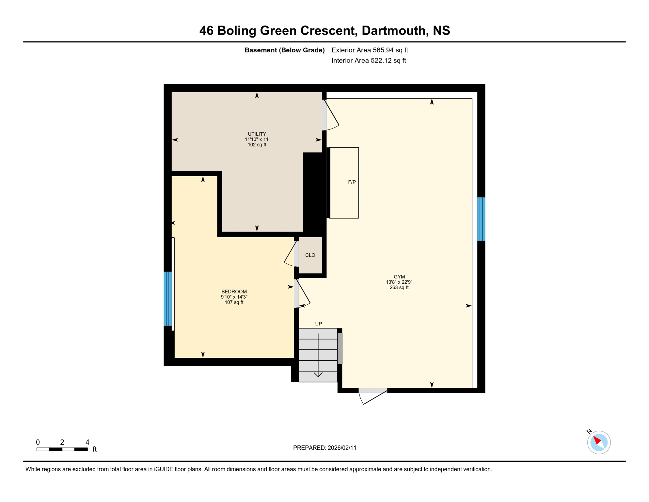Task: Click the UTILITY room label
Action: [257, 134]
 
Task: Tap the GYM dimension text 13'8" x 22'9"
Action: [399, 282]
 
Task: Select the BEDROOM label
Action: [234, 292]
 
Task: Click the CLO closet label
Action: [310, 255]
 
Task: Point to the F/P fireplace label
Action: [352, 182]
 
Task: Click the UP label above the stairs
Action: [318, 324]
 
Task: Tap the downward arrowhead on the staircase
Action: [318, 374]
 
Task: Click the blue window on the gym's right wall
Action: [481, 219]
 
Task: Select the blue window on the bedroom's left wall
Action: [167, 298]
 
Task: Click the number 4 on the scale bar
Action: [87, 442]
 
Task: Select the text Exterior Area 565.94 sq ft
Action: [370, 50]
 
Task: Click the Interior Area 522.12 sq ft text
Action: [369, 60]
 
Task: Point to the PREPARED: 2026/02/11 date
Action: [324, 448]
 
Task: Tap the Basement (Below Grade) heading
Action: [284, 50]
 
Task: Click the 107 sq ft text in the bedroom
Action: [234, 302]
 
